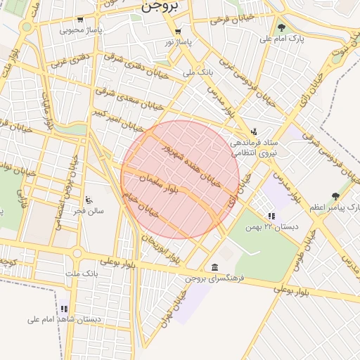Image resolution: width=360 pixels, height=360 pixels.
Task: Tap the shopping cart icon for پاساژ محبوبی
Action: click(x=82, y=20)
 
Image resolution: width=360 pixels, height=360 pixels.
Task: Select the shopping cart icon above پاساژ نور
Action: click(x=178, y=32)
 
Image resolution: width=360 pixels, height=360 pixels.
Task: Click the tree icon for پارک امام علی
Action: click(x=282, y=27)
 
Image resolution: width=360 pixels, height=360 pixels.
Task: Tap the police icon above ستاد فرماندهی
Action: click(x=254, y=131)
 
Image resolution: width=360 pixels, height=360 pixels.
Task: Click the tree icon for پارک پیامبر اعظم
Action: click(x=335, y=197)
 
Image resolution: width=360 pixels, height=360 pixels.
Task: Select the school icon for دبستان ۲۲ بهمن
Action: click(x=271, y=217)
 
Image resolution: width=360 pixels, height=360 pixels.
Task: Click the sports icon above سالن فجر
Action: click(x=88, y=200)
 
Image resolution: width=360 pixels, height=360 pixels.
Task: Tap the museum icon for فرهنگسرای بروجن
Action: click(x=214, y=267)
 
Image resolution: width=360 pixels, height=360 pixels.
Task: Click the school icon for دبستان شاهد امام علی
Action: click(x=64, y=309)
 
